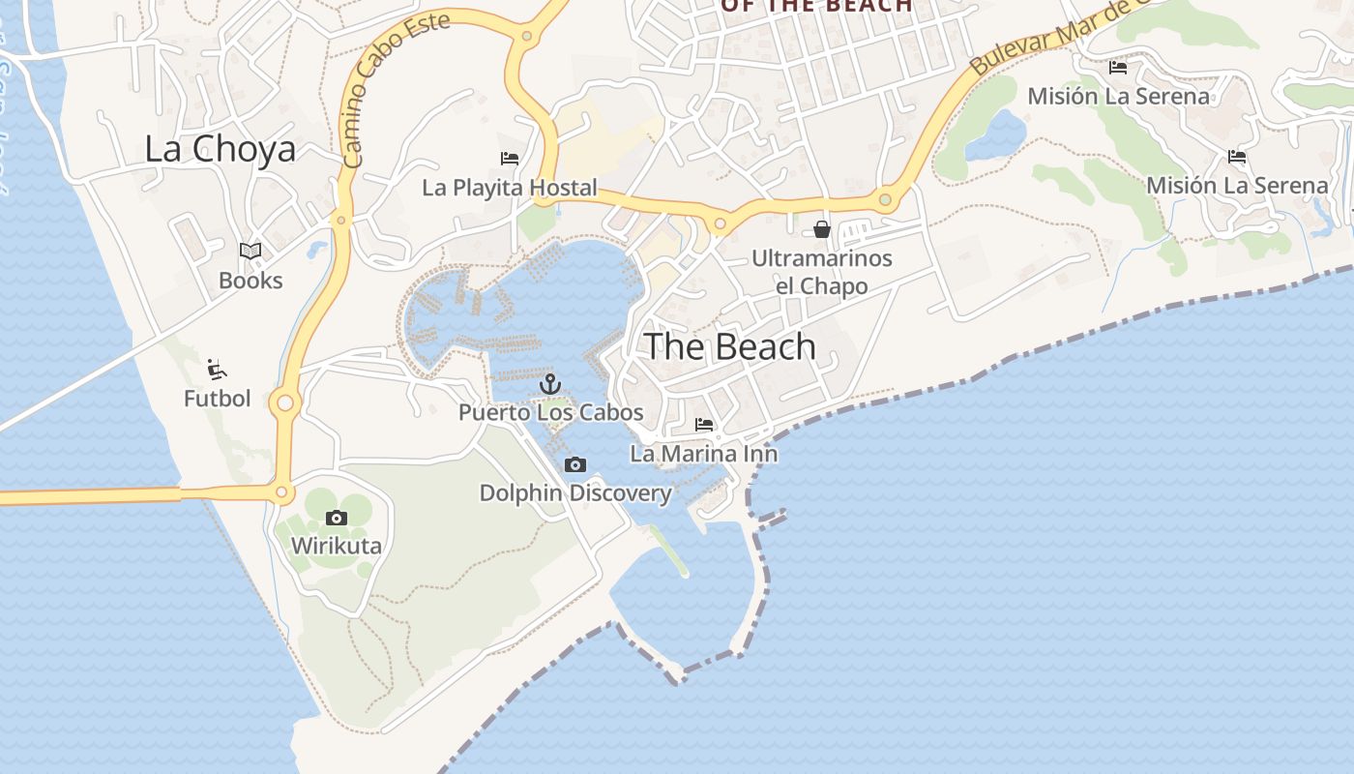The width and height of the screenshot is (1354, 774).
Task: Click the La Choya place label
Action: coord(220,149)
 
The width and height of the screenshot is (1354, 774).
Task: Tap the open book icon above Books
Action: coord(250,252)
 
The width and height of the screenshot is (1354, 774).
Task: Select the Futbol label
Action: coord(217,398)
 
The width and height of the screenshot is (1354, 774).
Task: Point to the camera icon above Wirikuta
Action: coord(337,519)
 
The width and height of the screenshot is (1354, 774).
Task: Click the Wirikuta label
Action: coord(337,546)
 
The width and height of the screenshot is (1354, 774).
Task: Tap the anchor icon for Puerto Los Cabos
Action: coord(550,384)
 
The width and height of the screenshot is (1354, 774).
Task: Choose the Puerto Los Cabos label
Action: coord(550,412)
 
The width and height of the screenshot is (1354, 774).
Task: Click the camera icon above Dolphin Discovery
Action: coord(575,465)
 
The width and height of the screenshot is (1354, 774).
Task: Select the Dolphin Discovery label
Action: coord(575,493)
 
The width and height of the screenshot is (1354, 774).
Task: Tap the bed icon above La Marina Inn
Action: coord(704,425)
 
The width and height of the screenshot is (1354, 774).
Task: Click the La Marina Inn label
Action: coord(704,453)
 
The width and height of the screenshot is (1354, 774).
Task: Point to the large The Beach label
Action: coord(730,346)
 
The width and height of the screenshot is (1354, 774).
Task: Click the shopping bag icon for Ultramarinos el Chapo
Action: coord(822,229)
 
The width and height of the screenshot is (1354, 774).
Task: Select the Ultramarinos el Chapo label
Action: coord(822,272)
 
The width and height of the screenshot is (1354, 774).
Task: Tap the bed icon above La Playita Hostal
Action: coord(510,159)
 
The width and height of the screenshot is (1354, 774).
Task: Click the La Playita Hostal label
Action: coord(510,188)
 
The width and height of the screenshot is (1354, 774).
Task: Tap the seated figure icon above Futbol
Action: coord(217,370)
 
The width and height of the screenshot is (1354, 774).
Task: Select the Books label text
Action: coord(250,281)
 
